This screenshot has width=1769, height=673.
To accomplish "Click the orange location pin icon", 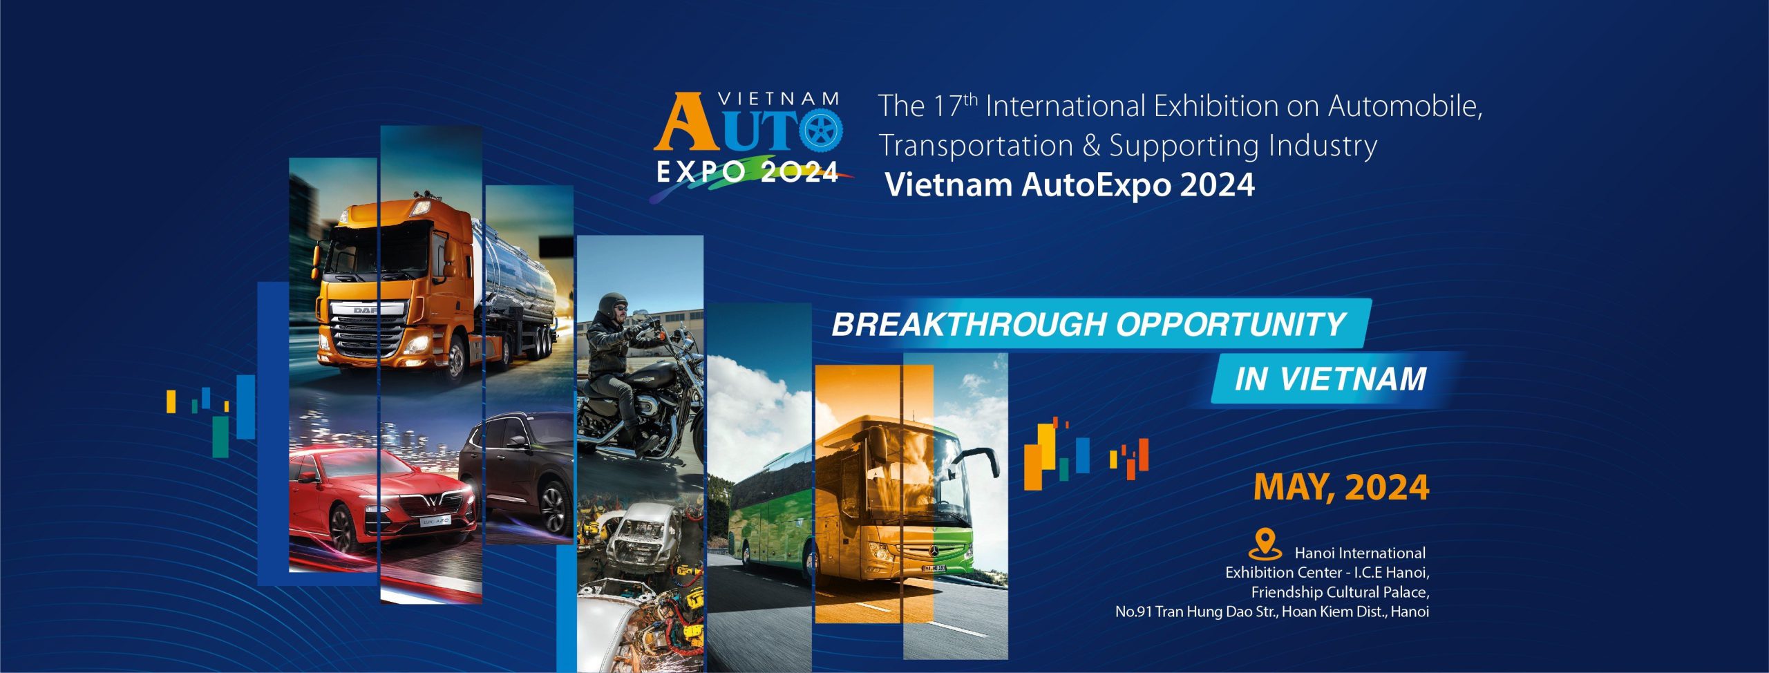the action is coord(1265,544).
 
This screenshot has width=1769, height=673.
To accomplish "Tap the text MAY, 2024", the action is coord(1341,487).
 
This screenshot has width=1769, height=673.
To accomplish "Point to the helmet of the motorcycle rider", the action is coord(612,307).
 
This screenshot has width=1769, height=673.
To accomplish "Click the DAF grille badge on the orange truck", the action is coord(366,310).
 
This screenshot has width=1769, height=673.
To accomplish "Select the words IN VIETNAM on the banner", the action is coord(1331,379).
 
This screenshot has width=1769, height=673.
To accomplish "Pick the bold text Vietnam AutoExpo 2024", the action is coord(1070,184).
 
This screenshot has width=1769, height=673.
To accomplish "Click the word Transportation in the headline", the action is coord(976,146).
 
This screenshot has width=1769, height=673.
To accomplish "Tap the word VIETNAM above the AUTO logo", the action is coord(779,99).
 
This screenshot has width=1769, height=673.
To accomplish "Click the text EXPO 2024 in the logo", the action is coord(747,171).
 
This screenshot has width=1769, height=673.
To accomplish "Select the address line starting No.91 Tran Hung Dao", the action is coord(1272,612).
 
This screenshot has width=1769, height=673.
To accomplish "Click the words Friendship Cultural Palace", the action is coord(1340,592).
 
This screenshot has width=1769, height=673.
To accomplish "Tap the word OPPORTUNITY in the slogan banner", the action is coord(1230,325).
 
